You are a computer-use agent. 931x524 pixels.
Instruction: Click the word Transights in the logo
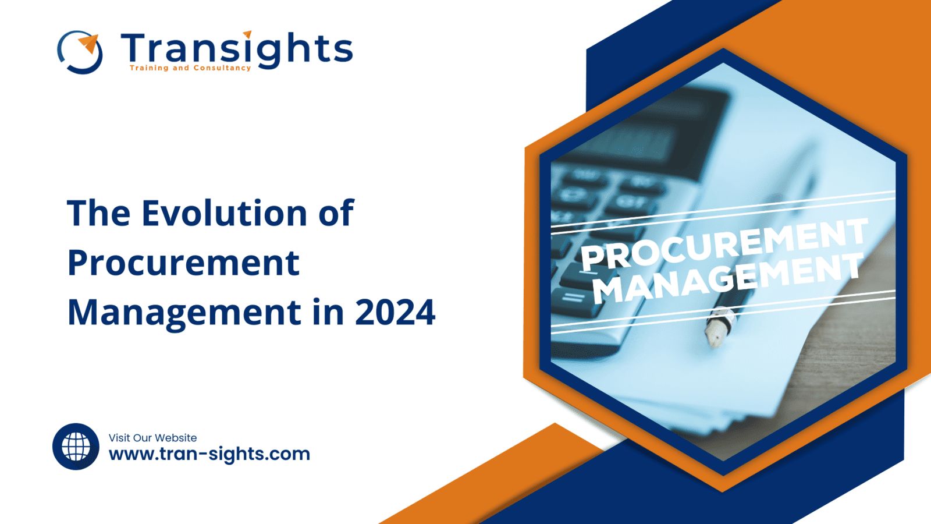(236, 49)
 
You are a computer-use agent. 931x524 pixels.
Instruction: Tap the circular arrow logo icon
(80, 52)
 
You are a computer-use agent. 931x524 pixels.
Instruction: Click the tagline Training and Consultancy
(190, 68)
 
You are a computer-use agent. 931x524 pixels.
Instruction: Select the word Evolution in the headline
(224, 213)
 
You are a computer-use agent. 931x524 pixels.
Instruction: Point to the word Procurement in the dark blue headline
(183, 263)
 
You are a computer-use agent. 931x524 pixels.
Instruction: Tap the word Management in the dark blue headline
(184, 313)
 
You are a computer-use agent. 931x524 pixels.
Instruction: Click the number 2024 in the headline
(395, 313)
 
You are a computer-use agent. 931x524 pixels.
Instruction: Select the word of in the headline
(336, 213)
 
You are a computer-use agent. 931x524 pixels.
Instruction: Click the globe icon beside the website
(76, 447)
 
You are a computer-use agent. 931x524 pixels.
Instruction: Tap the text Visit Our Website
(152, 438)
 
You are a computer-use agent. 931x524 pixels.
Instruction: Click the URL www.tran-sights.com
(209, 454)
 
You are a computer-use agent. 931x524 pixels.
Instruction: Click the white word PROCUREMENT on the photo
(724, 245)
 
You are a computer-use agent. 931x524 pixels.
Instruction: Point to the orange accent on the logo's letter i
(247, 34)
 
